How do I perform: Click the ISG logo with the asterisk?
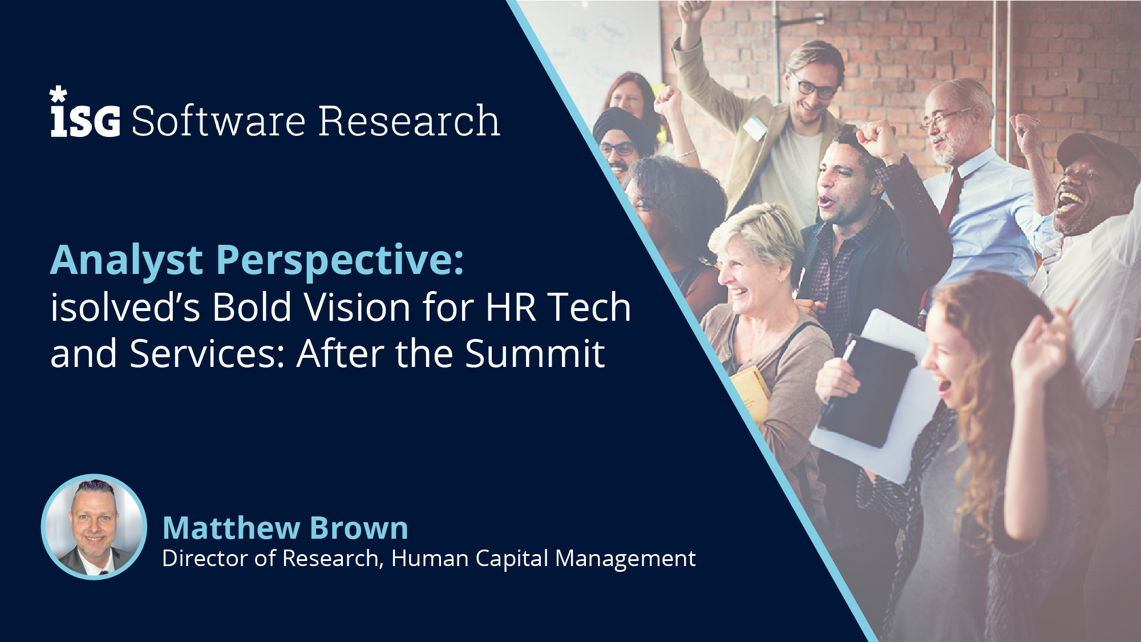(86, 114)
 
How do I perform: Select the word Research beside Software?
(408, 121)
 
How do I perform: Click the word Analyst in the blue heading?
(127, 261)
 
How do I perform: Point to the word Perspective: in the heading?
(340, 261)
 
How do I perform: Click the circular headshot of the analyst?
(94, 527)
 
